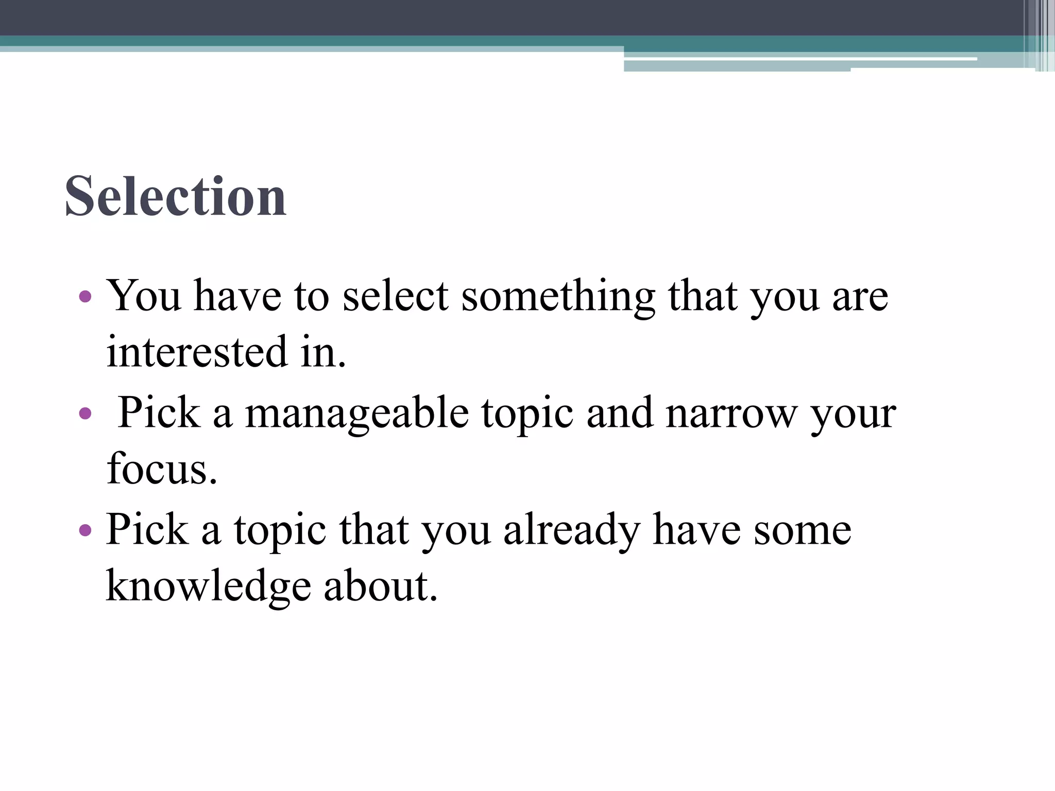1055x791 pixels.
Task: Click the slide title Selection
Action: pyautogui.click(x=175, y=197)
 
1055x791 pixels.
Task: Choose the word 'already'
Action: pyautogui.click(x=571, y=530)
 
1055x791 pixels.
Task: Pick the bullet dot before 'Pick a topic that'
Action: pyautogui.click(x=86, y=530)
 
